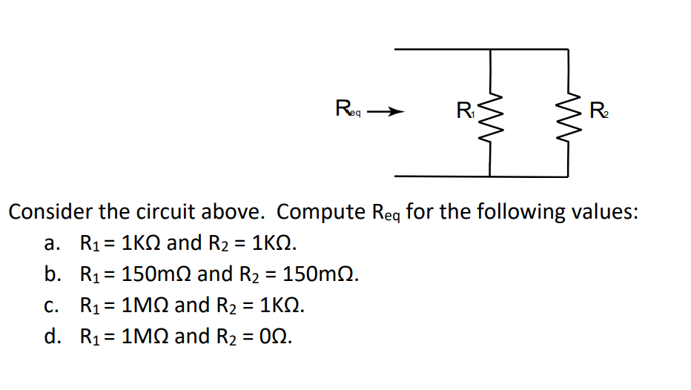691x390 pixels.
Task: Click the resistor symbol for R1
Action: pos(489,113)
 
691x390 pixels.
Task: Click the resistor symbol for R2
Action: pos(569,113)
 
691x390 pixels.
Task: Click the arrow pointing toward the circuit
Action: pos(386,113)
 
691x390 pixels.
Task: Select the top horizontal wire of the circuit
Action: pos(482,50)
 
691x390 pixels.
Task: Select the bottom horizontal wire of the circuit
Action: pos(482,176)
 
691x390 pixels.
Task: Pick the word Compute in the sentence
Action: pos(320,212)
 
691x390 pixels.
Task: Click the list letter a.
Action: pos(50,244)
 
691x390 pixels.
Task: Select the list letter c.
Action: pos(50,305)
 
